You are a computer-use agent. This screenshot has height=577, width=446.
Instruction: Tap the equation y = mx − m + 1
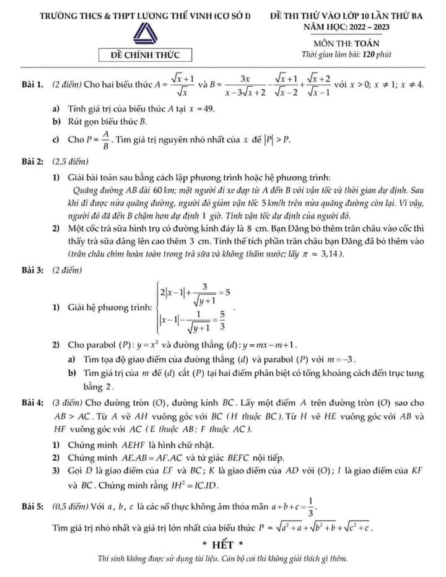(266, 344)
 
